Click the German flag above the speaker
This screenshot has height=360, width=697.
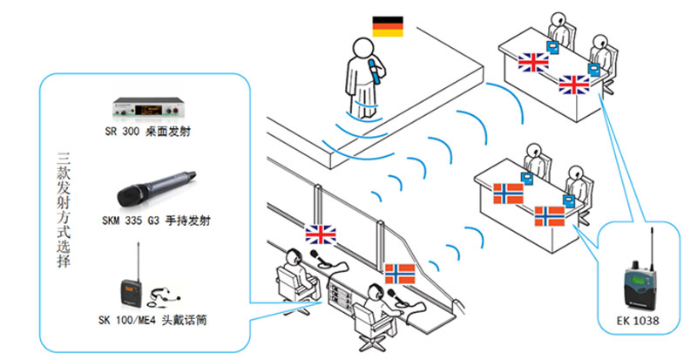(x=387, y=27)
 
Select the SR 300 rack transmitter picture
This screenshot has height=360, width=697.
(x=152, y=108)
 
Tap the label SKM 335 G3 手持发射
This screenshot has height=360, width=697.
(x=153, y=221)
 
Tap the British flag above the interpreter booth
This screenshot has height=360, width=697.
(x=320, y=234)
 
